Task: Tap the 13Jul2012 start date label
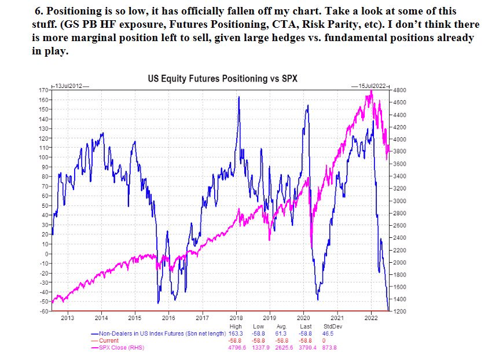coord(70,86)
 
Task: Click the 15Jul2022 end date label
coord(371,86)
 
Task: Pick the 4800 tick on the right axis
coord(401,91)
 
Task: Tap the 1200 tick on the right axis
coord(401,311)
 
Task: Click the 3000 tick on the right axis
coord(401,201)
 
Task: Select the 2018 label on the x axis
coord(236,318)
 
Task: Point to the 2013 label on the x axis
coord(67,318)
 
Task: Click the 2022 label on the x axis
coord(370,318)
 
